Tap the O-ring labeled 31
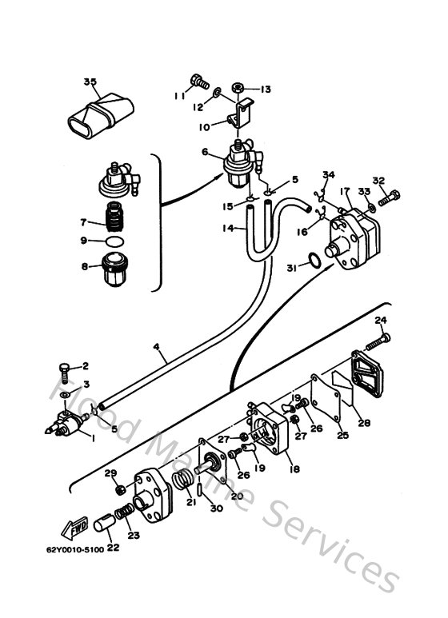click(x=316, y=260)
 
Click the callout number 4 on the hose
click(x=157, y=349)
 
